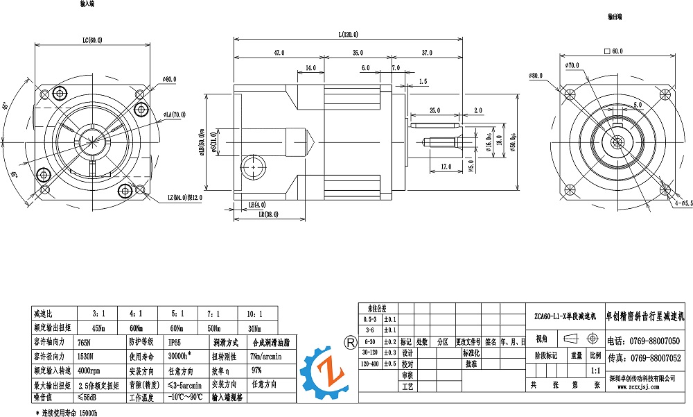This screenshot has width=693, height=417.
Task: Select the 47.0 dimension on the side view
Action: pos(279,53)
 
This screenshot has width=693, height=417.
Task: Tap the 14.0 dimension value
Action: pos(310,68)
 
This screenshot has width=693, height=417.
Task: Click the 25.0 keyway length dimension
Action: pos(435,110)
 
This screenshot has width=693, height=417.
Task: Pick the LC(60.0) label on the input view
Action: pos(92,40)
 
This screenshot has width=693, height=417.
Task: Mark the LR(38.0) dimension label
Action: pos(268,215)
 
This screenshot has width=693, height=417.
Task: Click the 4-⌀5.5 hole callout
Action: pos(683,203)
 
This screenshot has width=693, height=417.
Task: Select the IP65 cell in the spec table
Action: pos(176,342)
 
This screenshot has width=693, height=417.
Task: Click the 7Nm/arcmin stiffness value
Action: pos(264,356)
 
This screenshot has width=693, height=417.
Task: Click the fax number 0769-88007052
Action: pos(654,358)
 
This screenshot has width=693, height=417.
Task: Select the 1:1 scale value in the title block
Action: pos(595,371)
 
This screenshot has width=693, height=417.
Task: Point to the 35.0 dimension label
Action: pos(358,53)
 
